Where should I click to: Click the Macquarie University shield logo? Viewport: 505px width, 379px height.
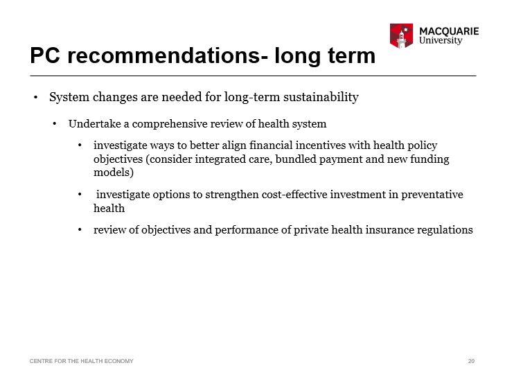tap(401, 36)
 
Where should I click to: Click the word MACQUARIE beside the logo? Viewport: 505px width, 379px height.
tap(449, 31)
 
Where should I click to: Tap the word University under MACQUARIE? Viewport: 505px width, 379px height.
tap(441, 41)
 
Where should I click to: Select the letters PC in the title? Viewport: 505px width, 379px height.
tap(45, 55)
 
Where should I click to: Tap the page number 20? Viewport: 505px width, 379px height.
tap(471, 361)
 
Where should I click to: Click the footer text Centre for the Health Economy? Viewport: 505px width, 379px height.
tap(82, 361)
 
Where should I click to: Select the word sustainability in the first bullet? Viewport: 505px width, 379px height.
tap(321, 97)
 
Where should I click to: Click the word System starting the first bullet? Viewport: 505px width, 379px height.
tap(69, 97)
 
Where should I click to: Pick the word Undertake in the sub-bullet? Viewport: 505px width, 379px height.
tap(95, 123)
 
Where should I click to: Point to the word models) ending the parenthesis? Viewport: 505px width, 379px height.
tap(114, 173)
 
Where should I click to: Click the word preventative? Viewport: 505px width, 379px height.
tap(432, 195)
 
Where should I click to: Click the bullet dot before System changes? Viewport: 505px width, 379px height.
tap(36, 97)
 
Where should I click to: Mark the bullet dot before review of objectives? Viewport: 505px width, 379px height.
tap(80, 230)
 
